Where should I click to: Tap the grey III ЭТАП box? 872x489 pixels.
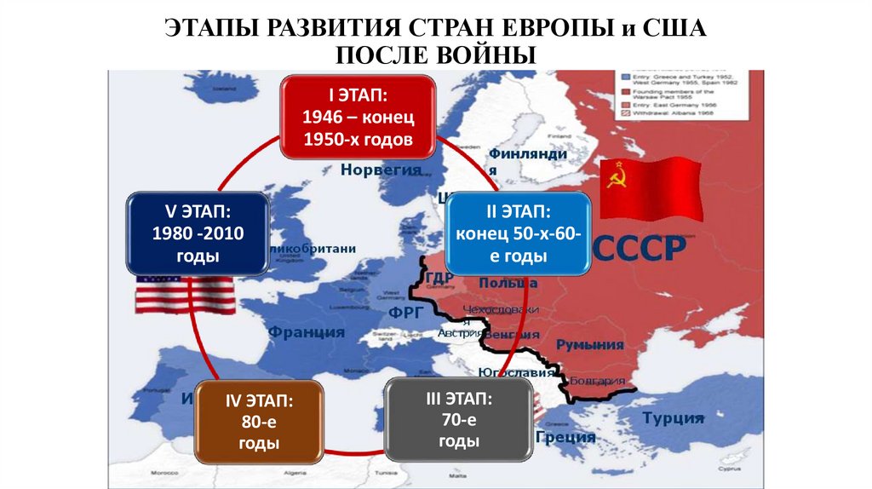[458, 419]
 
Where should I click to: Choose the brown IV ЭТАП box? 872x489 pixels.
[259, 421]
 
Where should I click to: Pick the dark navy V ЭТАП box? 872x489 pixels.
[198, 233]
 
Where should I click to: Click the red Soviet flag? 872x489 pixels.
[651, 189]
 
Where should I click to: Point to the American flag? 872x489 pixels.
[185, 293]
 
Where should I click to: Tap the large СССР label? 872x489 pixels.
[639, 249]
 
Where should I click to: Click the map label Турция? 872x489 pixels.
[673, 417]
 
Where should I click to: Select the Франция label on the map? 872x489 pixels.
[305, 332]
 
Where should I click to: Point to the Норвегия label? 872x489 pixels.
[381, 170]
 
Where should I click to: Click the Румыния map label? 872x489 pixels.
[589, 344]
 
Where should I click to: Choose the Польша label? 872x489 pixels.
[508, 282]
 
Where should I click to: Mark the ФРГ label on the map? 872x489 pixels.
[406, 312]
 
